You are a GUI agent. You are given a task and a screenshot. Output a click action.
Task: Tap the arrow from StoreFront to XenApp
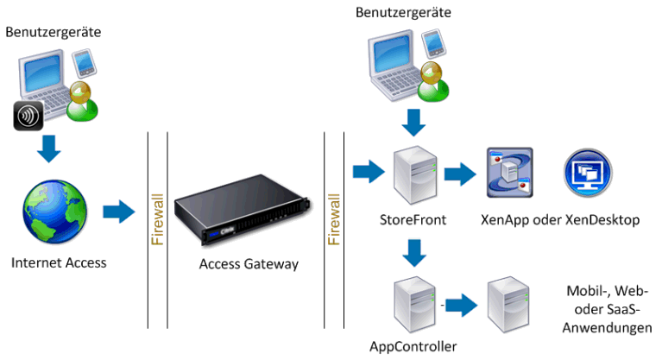[457, 174]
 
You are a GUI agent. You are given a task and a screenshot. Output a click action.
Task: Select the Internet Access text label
[60, 262]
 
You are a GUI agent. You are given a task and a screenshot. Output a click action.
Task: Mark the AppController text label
[413, 347]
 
